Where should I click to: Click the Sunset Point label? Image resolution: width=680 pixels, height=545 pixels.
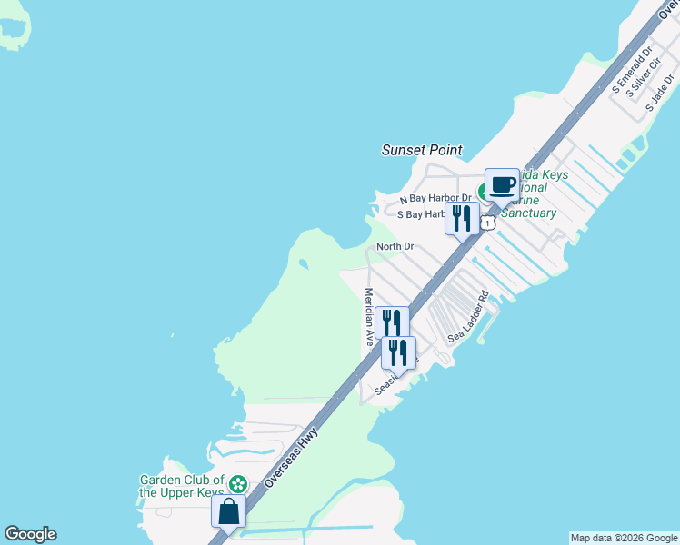[x=421, y=150]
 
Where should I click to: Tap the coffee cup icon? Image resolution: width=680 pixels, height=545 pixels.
[x=502, y=185]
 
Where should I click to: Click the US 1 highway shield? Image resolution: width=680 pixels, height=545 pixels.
[x=489, y=223]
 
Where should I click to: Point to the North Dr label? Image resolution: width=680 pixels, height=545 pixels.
[x=395, y=246]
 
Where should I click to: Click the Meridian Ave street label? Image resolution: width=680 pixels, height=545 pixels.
[x=369, y=317]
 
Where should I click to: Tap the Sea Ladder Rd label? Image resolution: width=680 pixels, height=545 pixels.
[x=469, y=316]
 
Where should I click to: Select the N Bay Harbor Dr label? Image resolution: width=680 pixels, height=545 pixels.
[x=436, y=198]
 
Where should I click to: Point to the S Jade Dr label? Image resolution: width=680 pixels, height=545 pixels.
[x=663, y=94]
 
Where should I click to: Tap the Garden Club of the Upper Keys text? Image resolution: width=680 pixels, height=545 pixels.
[x=182, y=486]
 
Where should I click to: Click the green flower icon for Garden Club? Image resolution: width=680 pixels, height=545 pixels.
[x=238, y=484]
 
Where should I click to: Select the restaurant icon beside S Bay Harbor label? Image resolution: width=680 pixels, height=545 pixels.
[x=462, y=218]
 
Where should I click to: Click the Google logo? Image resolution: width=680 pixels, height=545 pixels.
[x=30, y=534]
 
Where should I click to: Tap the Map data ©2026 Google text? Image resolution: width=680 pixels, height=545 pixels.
[x=624, y=538]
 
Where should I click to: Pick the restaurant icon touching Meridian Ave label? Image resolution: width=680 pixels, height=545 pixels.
[x=392, y=322]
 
